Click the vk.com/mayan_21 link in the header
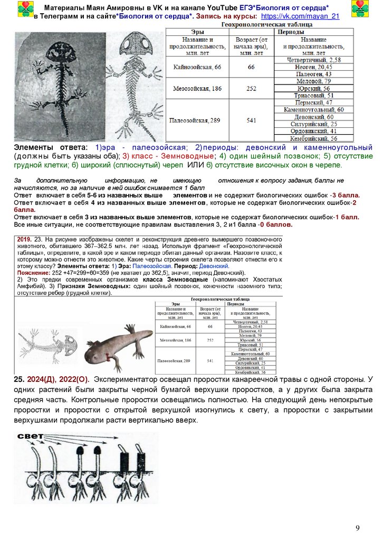304,17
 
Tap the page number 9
357,528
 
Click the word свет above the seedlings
30,437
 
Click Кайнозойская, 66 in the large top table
197,67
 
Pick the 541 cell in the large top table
251,120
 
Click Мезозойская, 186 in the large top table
197,88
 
